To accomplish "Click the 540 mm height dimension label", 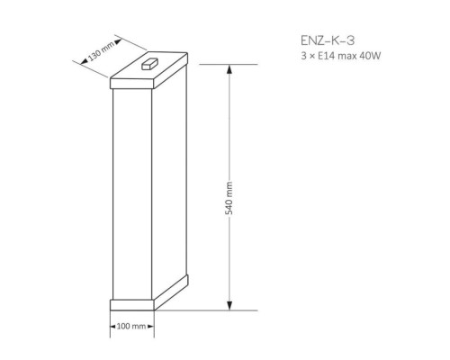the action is point(229,198).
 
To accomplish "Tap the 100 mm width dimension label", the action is point(131,326).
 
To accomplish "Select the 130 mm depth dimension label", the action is point(101,51).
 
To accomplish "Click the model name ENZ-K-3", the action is point(328,40).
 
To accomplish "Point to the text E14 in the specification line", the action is point(325,56).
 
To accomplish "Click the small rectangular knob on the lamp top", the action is point(149,64).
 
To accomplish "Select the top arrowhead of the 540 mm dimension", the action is point(229,69).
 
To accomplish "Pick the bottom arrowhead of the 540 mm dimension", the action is point(229,305).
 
